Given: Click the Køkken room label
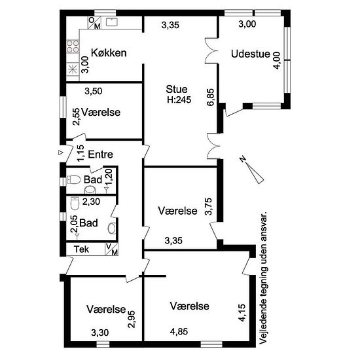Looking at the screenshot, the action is (109, 53).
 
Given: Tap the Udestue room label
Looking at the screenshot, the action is (251, 54).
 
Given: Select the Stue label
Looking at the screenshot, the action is (177, 89).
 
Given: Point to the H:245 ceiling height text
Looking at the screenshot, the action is (179, 100).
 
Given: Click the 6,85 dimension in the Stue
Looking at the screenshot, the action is (210, 97).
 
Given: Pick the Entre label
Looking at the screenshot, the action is (101, 154).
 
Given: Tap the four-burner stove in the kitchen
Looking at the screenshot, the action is (73, 46).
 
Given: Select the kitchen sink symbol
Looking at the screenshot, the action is (112, 22).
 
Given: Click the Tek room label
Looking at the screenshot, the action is (81, 249).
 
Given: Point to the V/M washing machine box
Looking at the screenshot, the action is (111, 249).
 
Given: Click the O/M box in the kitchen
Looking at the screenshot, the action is (95, 23).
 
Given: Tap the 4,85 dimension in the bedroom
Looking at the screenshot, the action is (179, 332).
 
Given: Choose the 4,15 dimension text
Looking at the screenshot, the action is (242, 313).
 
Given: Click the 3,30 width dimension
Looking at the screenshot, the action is (100, 333).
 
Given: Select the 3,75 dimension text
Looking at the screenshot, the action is (209, 206).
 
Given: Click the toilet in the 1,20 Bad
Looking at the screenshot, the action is (73, 180).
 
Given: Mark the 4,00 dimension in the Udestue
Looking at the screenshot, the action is (276, 60).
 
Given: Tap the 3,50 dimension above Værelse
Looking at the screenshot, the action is (94, 91).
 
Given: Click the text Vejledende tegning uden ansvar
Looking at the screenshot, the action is (264, 278).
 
